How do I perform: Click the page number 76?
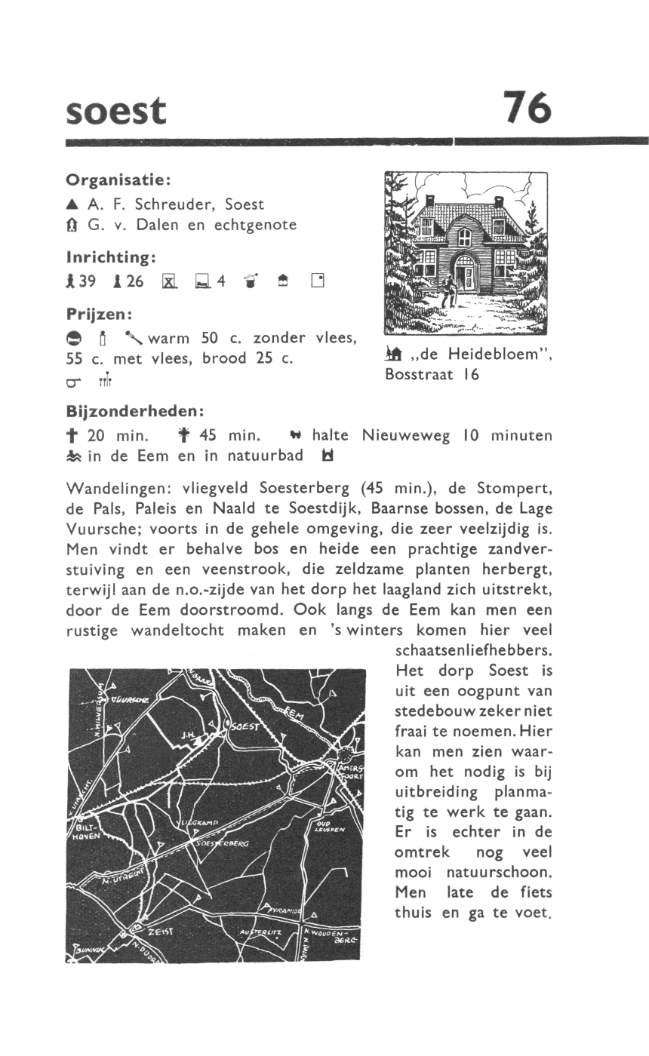pos(528,108)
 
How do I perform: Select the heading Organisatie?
pos(118,181)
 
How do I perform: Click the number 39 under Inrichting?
pos(87,281)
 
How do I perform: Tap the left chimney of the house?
pos(430,200)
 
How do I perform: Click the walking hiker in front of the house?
pos(451,290)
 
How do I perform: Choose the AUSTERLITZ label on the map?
pos(260,933)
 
